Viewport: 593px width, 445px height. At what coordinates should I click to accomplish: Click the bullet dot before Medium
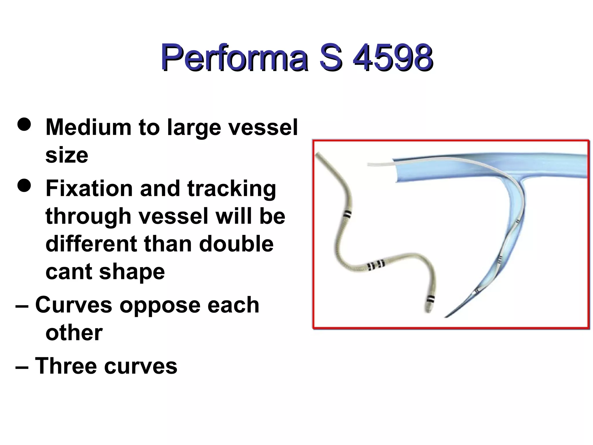click(x=24, y=124)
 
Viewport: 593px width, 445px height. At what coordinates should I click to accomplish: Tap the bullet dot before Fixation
click(x=24, y=185)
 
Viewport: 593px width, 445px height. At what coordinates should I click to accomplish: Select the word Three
click(x=65, y=366)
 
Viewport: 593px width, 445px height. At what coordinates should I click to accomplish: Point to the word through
click(x=88, y=216)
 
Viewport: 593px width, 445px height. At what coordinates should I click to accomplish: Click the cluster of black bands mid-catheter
click(x=376, y=265)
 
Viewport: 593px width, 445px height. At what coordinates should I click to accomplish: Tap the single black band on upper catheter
click(x=347, y=215)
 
